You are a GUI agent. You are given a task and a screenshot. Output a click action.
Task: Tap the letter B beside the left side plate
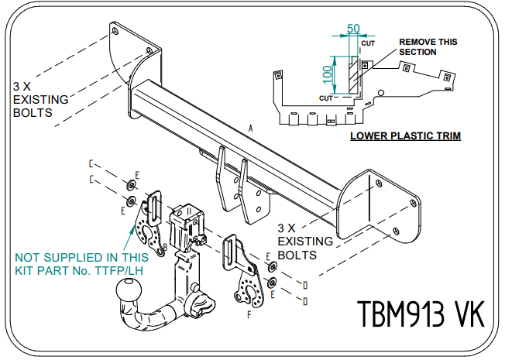[164, 247]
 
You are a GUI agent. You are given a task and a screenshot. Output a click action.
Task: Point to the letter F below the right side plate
[249, 315]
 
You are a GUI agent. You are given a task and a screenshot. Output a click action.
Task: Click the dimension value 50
[353, 29]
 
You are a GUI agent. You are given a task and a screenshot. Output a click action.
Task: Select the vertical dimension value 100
[328, 75]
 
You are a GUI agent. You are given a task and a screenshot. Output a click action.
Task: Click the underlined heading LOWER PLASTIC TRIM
[405, 136]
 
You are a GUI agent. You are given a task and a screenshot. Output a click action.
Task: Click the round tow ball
[127, 293]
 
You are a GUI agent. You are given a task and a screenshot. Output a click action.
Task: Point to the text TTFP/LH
[121, 270]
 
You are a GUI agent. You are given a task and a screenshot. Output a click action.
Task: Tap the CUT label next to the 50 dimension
[368, 43]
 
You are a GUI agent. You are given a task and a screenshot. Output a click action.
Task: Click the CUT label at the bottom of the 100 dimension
[326, 98]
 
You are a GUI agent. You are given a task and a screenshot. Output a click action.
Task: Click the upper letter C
[91, 164]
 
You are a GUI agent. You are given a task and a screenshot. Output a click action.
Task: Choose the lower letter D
[305, 300]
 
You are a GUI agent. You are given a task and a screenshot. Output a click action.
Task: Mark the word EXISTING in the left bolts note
[40, 99]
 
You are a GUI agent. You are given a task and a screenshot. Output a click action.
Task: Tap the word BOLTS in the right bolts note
[297, 253]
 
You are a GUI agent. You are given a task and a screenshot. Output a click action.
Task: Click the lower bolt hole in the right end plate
[394, 230]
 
